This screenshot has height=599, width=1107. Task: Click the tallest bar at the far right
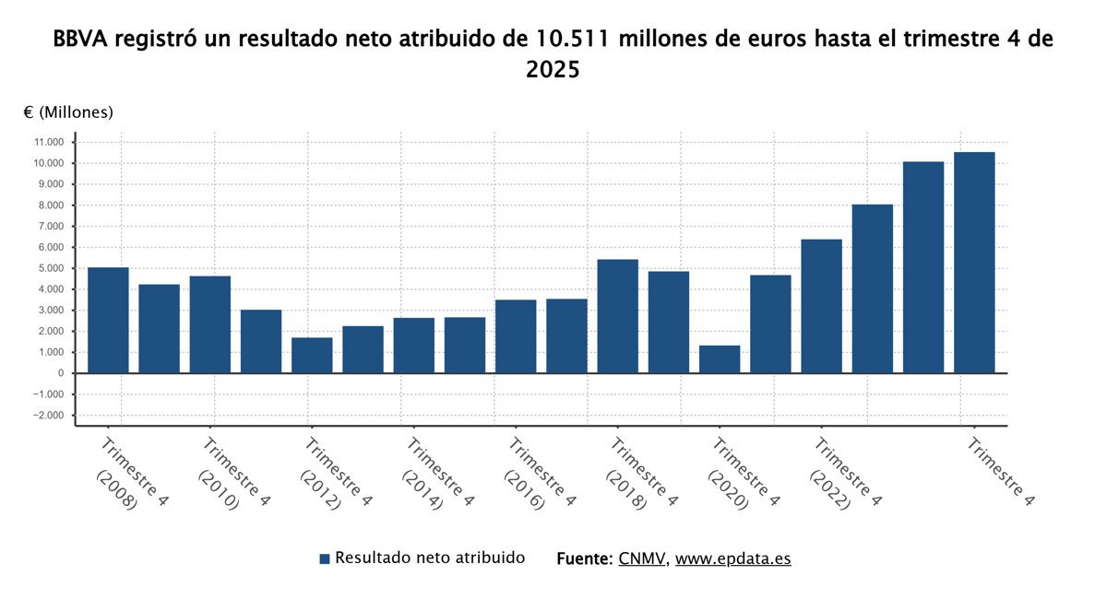[974, 263]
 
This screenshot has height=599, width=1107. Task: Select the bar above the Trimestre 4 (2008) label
[108, 320]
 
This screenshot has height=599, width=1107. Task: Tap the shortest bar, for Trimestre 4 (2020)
[720, 359]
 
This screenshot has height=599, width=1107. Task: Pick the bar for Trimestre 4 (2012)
[312, 356]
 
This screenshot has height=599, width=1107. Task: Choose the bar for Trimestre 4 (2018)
[617, 316]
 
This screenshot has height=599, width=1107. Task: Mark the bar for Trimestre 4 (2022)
[821, 306]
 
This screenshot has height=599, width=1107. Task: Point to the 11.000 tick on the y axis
[48, 142]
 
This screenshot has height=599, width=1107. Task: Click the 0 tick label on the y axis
[60, 373]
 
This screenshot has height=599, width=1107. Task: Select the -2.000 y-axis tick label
[48, 416]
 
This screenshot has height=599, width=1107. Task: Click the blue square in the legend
[325, 559]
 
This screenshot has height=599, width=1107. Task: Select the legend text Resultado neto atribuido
[430, 558]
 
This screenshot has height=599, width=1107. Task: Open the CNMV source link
[641, 558]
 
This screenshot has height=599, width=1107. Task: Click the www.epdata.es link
[732, 558]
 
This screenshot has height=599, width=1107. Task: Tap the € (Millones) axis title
[68, 112]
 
